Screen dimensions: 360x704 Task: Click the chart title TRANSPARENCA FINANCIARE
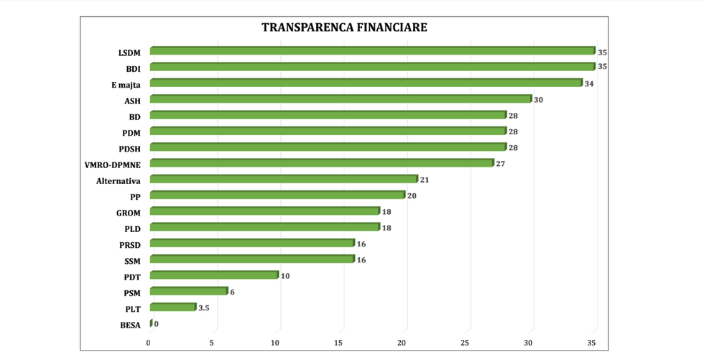(344, 28)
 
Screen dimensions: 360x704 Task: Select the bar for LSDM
(372, 51)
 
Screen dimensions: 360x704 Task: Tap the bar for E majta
(366, 83)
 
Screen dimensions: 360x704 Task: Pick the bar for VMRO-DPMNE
(321, 163)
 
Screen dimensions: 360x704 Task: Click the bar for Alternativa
(283, 179)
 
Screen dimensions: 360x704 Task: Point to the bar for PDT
(213, 275)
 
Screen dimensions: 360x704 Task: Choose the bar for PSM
(188, 291)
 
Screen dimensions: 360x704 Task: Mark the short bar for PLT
(172, 308)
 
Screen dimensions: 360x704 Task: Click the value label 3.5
(204, 308)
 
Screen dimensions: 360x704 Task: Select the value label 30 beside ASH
(538, 100)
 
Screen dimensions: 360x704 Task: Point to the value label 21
(425, 180)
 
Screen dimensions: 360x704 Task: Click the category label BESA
(130, 326)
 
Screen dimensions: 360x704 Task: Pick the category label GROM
(128, 213)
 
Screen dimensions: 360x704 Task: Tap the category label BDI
(133, 69)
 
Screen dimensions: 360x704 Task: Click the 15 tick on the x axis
(338, 343)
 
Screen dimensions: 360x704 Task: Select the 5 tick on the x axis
(212, 343)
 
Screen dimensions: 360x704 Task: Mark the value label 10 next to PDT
(285, 276)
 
